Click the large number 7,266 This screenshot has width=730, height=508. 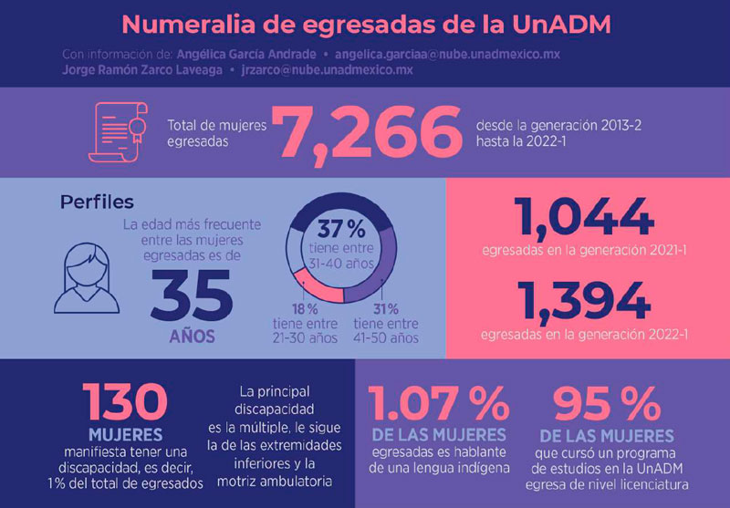pyautogui.click(x=370, y=131)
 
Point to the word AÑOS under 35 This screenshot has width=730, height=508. pyautogui.click(x=192, y=337)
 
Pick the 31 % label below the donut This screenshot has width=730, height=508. pyautogui.click(x=386, y=309)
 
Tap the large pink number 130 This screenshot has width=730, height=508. pyautogui.click(x=126, y=402)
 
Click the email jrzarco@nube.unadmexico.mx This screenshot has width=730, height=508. pyautogui.click(x=327, y=70)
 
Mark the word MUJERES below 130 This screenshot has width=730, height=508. pyautogui.click(x=126, y=434)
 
